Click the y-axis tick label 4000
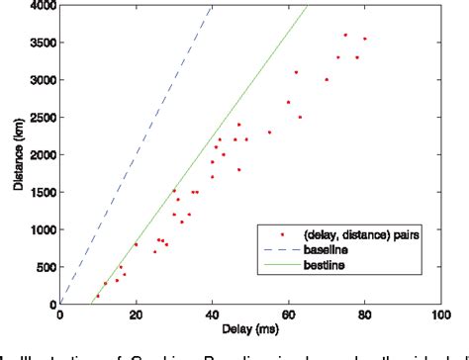tap(43, 7)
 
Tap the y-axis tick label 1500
tap(43, 193)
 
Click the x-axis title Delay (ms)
tap(250, 329)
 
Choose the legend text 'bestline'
tap(328, 265)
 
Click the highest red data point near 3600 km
tap(345, 35)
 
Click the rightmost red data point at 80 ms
tap(364, 39)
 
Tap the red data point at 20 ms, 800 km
tap(137, 244)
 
